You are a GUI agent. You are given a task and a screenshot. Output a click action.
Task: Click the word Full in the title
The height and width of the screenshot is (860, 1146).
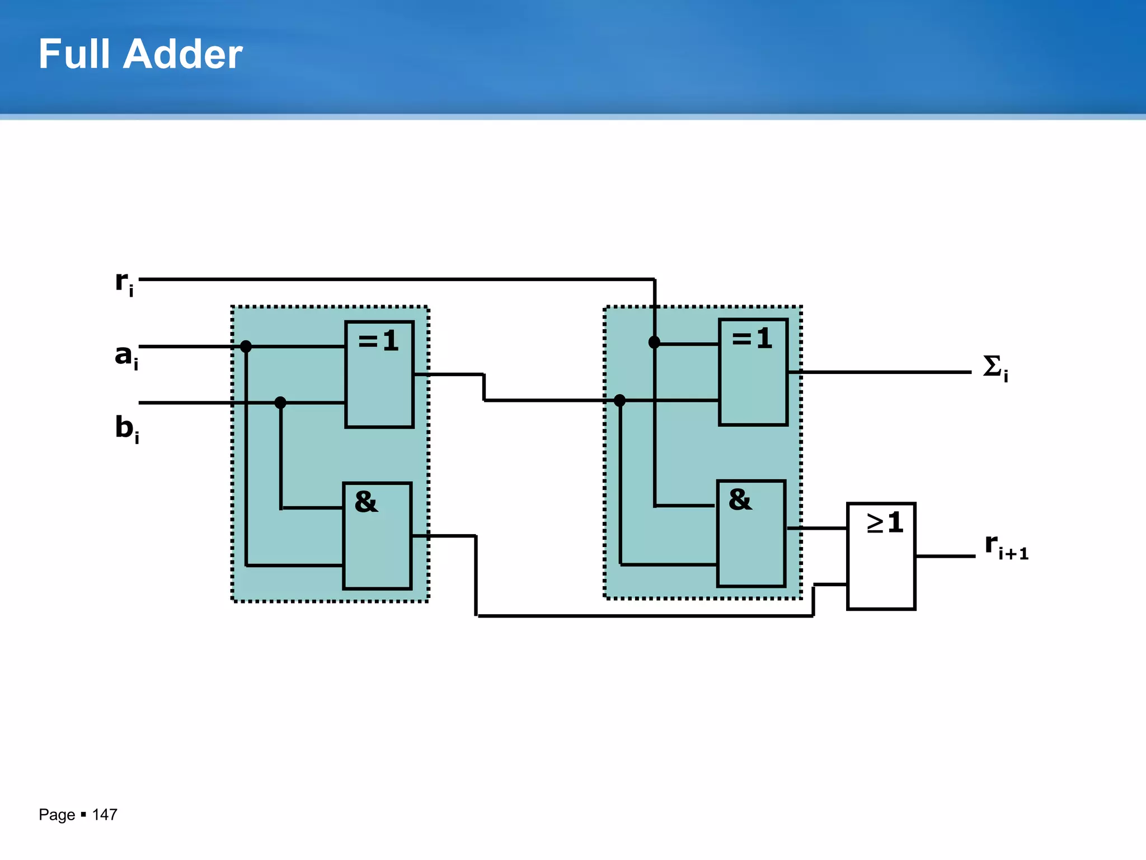(x=74, y=54)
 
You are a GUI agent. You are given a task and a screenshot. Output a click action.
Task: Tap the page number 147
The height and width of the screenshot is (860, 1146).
(x=105, y=814)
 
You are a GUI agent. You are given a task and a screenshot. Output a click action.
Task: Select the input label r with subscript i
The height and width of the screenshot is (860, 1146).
(x=124, y=283)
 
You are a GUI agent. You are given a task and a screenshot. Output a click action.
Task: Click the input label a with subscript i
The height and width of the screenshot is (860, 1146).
(x=126, y=356)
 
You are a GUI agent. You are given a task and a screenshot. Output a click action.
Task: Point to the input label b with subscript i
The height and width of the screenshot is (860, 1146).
(x=126, y=428)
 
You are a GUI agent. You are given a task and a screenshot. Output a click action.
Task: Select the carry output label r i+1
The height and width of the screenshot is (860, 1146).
(x=1006, y=546)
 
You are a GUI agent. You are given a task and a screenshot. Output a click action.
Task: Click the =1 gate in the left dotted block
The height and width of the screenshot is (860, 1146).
(x=379, y=374)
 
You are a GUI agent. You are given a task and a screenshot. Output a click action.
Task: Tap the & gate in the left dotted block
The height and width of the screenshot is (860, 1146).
(x=377, y=536)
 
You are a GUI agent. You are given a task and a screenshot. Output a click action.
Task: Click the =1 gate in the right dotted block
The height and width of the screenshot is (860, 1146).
(x=753, y=372)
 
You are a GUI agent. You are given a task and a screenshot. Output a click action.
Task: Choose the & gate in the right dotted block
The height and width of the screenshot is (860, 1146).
(x=751, y=534)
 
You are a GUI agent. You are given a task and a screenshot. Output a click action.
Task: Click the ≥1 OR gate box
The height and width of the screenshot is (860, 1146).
(x=881, y=556)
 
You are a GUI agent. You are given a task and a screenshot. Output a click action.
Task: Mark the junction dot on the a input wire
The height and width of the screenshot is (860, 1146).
(x=246, y=347)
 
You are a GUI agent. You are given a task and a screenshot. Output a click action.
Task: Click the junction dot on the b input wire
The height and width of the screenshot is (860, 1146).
(x=280, y=403)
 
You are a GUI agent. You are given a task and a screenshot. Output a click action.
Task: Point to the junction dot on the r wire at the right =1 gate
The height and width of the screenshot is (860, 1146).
(x=654, y=342)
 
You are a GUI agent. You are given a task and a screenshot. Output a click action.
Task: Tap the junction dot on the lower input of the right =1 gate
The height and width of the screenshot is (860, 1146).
(x=619, y=400)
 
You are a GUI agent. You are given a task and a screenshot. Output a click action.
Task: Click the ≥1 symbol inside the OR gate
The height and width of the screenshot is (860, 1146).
(x=885, y=523)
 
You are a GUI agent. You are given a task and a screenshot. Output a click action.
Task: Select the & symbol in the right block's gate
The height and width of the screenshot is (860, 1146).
(x=740, y=499)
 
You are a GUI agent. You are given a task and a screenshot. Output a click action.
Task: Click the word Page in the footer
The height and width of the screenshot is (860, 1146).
(x=57, y=815)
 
